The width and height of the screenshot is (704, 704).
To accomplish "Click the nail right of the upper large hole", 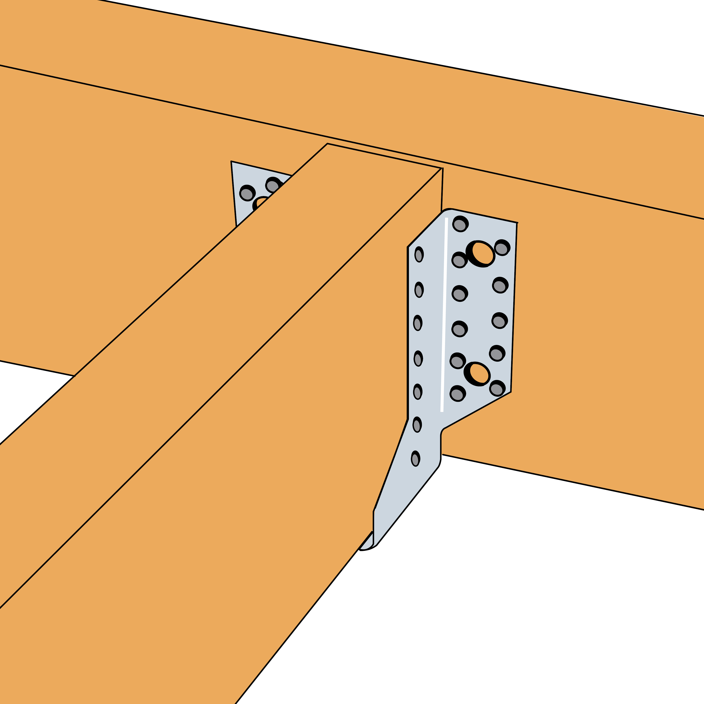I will click(502, 248).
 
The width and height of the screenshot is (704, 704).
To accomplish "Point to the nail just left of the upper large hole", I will click(459, 260).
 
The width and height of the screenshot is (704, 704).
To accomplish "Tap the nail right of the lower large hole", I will click(497, 388).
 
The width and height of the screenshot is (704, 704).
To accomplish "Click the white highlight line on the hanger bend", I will click(444, 313).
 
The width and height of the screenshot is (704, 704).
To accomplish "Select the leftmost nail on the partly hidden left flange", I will click(247, 193).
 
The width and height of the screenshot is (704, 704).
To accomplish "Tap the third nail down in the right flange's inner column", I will click(459, 294).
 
